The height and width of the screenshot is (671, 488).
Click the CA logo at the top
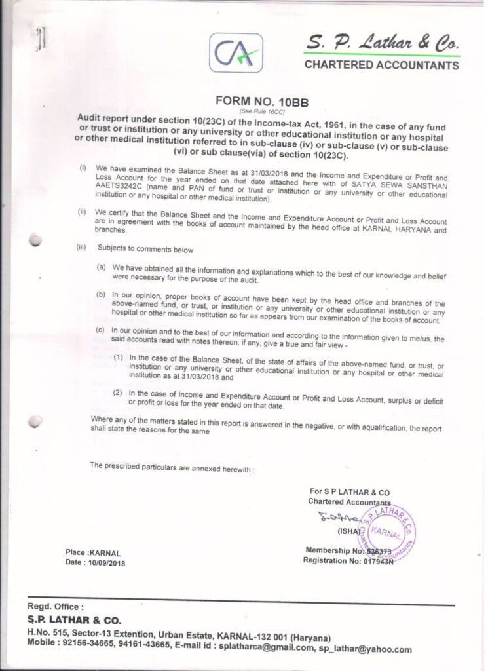tap(236, 53)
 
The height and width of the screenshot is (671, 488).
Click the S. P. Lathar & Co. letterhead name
tap(382, 44)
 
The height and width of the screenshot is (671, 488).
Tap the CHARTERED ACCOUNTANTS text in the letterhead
tap(381, 66)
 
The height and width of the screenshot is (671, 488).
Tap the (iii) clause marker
tap(82, 248)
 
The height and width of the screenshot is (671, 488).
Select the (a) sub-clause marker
tap(102, 267)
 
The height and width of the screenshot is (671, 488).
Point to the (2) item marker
tap(118, 393)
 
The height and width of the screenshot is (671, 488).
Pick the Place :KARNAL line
tap(93, 553)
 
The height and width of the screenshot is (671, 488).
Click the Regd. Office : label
tap(56, 607)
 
